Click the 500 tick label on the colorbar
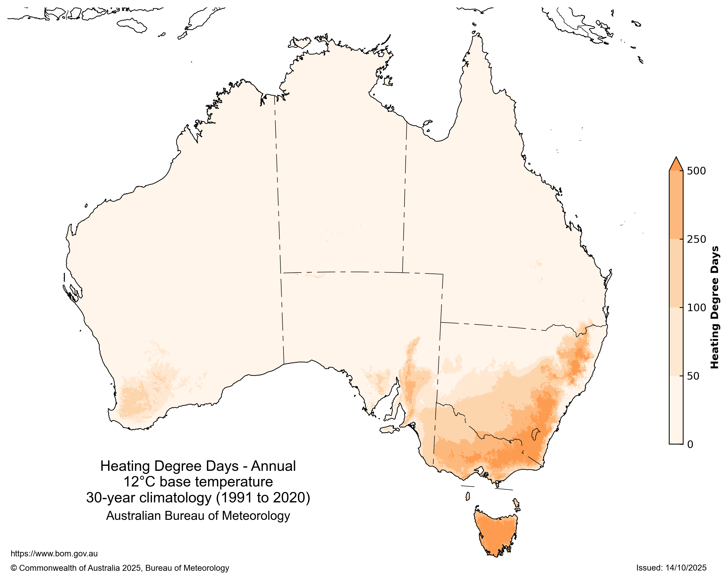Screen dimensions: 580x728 click(696, 171)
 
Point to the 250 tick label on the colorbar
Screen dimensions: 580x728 click(696, 239)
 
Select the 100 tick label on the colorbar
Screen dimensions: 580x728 click(696, 307)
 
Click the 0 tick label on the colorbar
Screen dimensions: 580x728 click(690, 444)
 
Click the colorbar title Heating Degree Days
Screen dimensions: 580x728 click(715, 307)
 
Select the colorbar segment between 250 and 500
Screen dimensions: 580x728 click(676, 205)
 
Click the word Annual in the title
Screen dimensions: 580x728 click(273, 466)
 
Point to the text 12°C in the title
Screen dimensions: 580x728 click(139, 482)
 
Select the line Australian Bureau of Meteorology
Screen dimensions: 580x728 click(198, 516)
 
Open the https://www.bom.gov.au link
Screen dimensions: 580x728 click(54, 554)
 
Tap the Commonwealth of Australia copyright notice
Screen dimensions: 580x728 click(120, 568)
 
